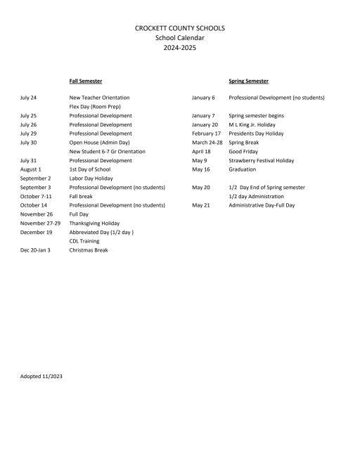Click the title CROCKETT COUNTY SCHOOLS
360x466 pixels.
pos(180,27)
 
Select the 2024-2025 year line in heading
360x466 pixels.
pos(180,48)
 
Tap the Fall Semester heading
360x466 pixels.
pos(85,82)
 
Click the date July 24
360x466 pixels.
pos(28,98)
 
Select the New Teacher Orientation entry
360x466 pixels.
pos(99,98)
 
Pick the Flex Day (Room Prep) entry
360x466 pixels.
pos(95,107)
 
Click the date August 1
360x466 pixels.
pos(30,169)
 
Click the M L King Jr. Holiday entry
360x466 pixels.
pos(252,124)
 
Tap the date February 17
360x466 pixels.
pos(206,134)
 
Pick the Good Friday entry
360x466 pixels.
pos(244,152)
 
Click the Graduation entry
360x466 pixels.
pos(243,169)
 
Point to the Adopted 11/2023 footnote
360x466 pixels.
pos(41,377)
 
